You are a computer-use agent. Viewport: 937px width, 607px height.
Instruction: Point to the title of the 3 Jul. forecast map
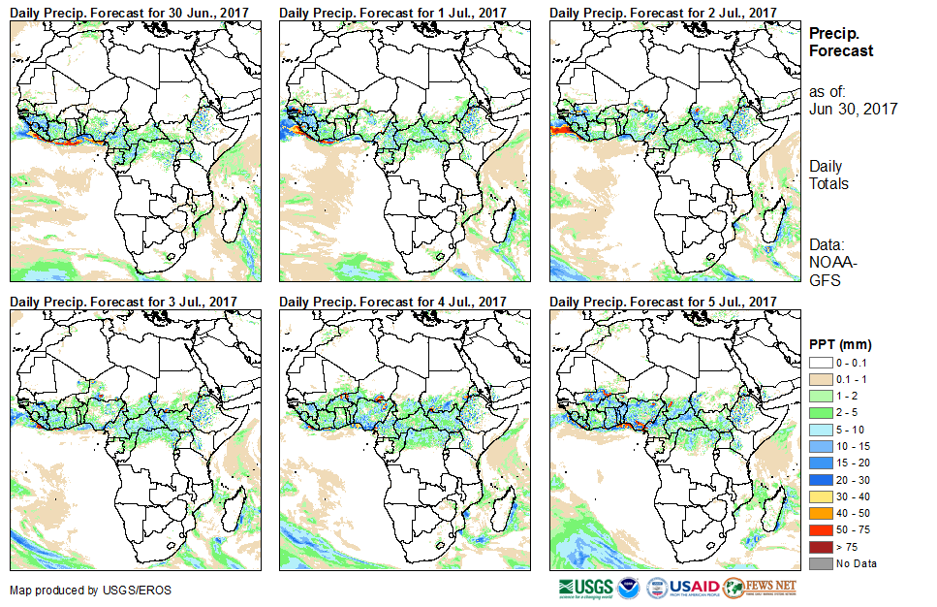click(123, 302)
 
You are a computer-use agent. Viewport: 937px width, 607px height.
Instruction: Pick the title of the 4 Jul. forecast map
click(392, 302)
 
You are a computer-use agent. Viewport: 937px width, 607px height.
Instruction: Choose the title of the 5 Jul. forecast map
click(663, 302)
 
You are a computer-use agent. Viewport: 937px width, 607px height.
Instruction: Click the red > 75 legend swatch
click(818, 548)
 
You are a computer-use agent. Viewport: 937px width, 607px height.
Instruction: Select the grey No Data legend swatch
click(818, 563)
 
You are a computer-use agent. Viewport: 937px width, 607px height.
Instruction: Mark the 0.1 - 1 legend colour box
click(818, 377)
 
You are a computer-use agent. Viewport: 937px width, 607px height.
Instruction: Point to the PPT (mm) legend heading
click(840, 343)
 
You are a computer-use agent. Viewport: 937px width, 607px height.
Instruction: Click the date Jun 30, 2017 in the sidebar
click(853, 109)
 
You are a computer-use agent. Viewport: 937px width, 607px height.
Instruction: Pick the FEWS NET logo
click(761, 587)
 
